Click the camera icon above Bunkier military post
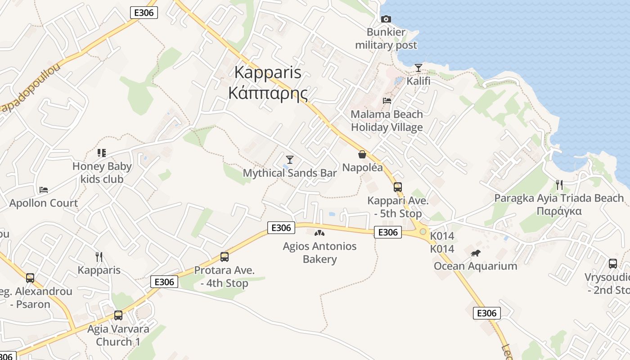[x=386, y=19]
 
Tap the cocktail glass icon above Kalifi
[x=418, y=68]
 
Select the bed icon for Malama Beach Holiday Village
[x=387, y=101]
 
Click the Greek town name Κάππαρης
[x=268, y=93]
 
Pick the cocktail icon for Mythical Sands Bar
[x=290, y=160]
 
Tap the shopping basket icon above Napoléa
[x=362, y=155]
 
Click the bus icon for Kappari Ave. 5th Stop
[x=397, y=187]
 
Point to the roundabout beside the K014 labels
[x=423, y=232]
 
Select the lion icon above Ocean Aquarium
[x=476, y=253]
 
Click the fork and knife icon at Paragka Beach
[x=559, y=185]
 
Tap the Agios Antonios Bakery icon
[x=319, y=233]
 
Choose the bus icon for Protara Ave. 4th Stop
[x=224, y=257]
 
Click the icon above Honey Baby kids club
[x=102, y=153]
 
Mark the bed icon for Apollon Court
[x=44, y=190]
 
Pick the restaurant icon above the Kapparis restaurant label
[x=99, y=257]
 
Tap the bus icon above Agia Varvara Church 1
[x=118, y=315]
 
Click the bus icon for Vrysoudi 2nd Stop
[x=612, y=264]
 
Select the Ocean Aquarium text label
[x=475, y=266]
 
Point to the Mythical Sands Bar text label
[x=290, y=173]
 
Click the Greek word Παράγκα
[x=559, y=211]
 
